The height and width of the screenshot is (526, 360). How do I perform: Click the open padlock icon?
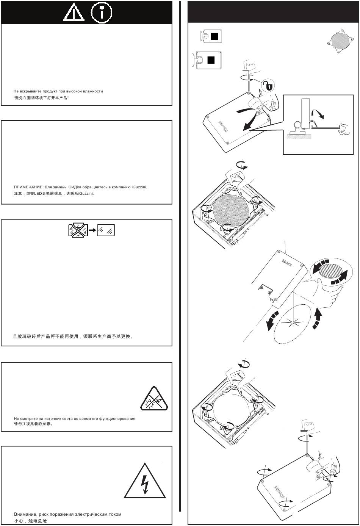pyautogui.click(x=268, y=86)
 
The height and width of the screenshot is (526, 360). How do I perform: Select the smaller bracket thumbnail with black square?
pyautogui.click(x=210, y=36)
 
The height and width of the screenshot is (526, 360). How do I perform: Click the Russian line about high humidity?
pyautogui.click(x=58, y=91)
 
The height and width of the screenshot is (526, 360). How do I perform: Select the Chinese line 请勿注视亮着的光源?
pyautogui.click(x=33, y=424)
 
